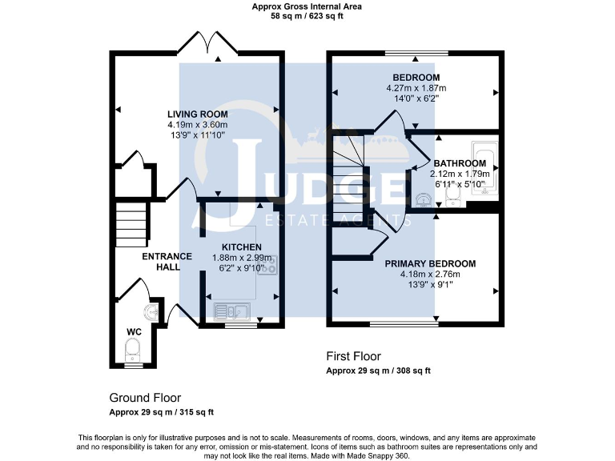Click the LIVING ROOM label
(197, 114)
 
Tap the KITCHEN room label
(242, 247)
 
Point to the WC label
(133, 331)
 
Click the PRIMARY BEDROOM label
(430, 263)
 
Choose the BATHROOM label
(460, 162)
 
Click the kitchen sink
(233, 308)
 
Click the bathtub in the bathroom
(486, 170)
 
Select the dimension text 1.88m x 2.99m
(242, 258)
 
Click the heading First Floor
(353, 356)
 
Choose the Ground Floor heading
(145, 398)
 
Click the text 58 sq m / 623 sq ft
(307, 15)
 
